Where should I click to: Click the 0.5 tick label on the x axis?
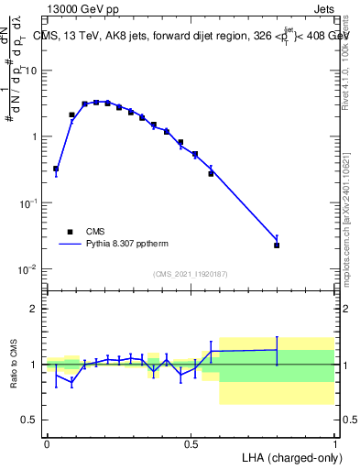tap(191, 442)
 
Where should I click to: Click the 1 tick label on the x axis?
tap(334, 442)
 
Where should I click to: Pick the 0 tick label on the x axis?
tap(47, 442)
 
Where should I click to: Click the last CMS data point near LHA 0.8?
tap(277, 245)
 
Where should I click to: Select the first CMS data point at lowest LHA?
tap(56, 169)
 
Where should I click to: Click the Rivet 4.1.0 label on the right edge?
tap(351, 60)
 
